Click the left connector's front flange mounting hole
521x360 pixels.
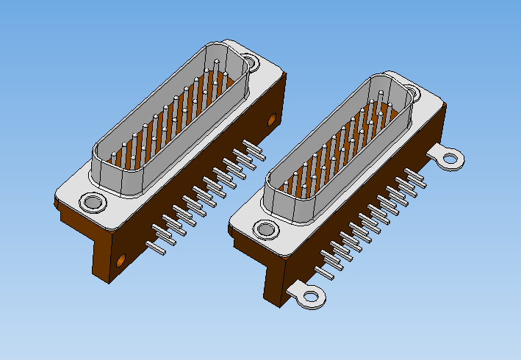93,201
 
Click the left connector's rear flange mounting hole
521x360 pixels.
251,63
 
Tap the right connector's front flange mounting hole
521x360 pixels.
265,230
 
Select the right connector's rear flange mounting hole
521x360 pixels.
409,93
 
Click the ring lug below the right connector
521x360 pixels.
311,297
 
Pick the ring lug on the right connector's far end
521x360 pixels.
450,158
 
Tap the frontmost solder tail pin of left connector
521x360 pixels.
158,249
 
